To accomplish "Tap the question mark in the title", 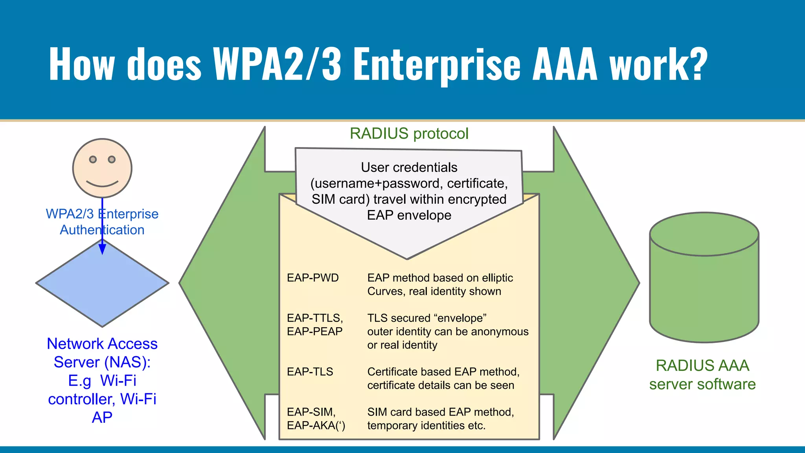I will pos(697,64).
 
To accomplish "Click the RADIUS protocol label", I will pos(409,134).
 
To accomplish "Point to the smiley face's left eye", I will pos(93,159).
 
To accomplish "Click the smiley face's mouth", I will pos(102,184).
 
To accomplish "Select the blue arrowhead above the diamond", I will pos(102,249).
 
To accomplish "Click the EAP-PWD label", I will pos(312,278).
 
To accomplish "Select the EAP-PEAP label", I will pos(314,331).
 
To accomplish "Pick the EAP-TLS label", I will pos(310,372).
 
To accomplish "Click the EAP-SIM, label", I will pos(311,412).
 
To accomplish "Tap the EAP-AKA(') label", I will pos(316,425).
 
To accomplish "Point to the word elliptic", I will pos(497,278).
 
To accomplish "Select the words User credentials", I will pos(409,168).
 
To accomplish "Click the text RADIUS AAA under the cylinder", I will pos(702,365).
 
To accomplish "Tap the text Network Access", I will pos(102,344).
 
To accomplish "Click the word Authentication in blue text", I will pos(102,230).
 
